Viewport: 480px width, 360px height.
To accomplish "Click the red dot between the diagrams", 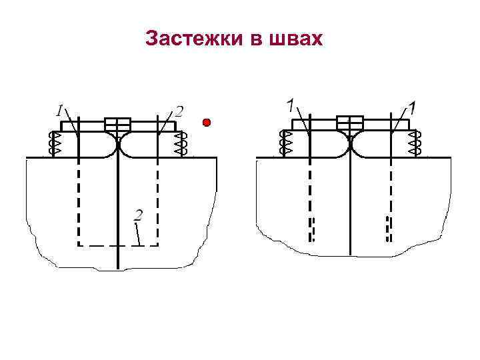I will coord(207,123).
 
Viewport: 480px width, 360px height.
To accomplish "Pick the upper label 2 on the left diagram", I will coord(179,110).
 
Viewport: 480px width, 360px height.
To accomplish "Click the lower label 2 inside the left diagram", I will coord(138,215).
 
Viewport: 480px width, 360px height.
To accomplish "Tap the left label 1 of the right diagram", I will coord(291,105).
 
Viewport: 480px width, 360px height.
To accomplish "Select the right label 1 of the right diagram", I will coord(412,107).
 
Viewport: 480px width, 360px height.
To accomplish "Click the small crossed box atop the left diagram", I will coord(118,125).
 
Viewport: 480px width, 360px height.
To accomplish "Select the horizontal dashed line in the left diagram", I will coord(118,245).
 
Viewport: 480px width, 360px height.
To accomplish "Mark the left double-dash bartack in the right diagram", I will coord(311,229).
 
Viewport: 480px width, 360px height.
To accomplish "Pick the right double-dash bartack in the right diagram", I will coord(389,229).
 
